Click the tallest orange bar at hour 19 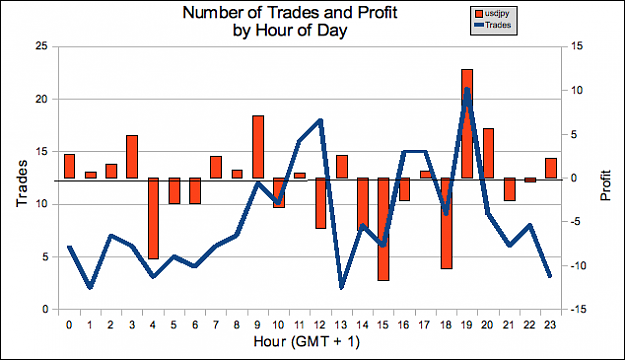click(467, 124)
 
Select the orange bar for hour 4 click(153, 218)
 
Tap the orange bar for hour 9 click(258, 147)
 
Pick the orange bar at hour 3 click(132, 157)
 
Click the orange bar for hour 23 click(550, 168)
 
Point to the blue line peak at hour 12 click(320, 120)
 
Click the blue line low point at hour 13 click(341, 287)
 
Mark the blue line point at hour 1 click(90, 287)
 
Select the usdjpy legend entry click(492, 14)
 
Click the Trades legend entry click(493, 25)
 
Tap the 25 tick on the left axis click(41, 46)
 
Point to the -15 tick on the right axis click(574, 309)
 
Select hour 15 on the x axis click(383, 325)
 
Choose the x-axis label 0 click(69, 325)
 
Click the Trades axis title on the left click(22, 183)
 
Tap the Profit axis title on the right click(605, 185)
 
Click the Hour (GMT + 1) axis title click(307, 342)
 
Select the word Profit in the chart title click(377, 13)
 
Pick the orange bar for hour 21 click(509, 189)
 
